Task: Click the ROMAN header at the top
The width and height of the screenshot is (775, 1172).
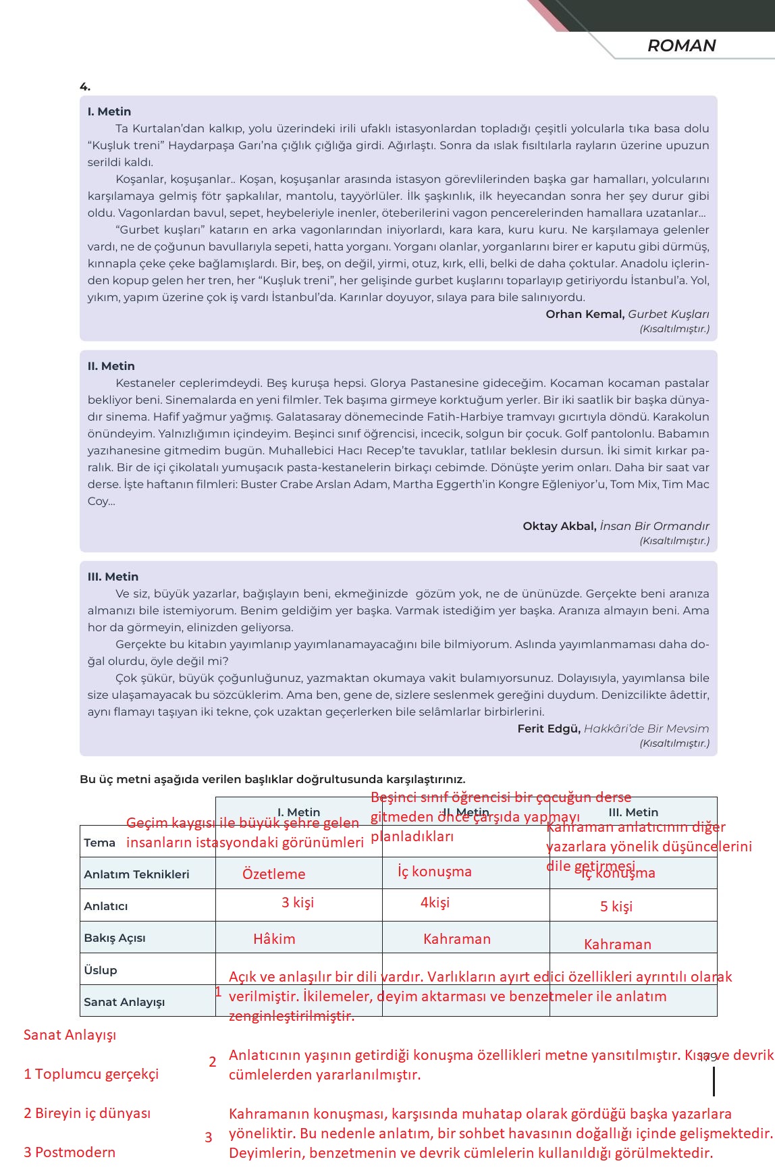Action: point(681,45)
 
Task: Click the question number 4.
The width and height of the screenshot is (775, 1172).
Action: point(85,86)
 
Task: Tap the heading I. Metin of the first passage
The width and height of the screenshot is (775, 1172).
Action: point(109,111)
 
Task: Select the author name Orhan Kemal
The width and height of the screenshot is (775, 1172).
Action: point(585,314)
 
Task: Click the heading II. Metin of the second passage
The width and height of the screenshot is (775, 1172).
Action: point(111,366)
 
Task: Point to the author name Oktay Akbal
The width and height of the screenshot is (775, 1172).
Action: point(559,526)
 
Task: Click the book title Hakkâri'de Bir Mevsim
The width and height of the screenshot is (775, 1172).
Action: point(646,728)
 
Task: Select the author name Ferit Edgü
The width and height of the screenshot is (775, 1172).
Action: point(548,728)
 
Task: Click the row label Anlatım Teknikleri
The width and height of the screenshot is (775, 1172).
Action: point(136,874)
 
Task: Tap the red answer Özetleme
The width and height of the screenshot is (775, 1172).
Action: point(273,874)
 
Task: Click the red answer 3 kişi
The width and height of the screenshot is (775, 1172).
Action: point(298,903)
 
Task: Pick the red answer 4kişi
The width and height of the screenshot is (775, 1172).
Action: point(435,903)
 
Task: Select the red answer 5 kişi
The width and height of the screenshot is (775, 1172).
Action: point(616,907)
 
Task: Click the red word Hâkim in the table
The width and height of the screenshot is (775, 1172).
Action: point(274,939)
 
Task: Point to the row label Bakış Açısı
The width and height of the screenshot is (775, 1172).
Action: point(115,938)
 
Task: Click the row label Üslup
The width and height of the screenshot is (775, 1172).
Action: point(101,970)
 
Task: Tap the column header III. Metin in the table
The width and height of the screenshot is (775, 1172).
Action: point(633,812)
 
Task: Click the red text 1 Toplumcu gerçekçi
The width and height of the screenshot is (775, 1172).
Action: point(91,1074)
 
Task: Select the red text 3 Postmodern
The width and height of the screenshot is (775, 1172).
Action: point(70,1152)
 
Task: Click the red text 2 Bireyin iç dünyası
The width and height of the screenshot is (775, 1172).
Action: point(87,1113)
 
